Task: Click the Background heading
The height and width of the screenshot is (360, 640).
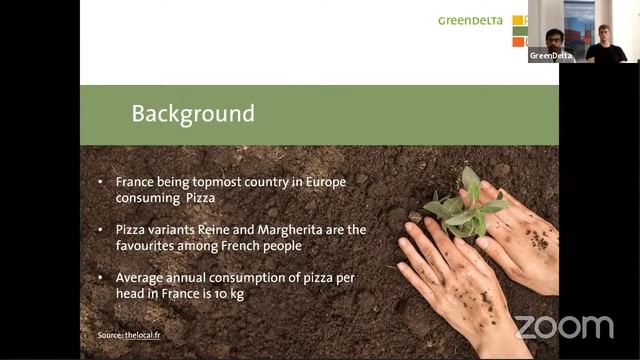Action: [x=193, y=114]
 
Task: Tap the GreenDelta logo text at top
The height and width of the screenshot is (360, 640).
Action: [x=470, y=20]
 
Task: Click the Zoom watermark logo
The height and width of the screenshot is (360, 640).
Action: [x=563, y=327]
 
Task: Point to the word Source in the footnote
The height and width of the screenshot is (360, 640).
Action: [x=108, y=335]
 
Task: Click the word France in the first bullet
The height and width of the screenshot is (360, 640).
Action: [x=136, y=183]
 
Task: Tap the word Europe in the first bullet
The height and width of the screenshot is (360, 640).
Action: [x=340, y=183]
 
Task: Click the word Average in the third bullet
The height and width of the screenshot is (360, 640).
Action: [x=141, y=277]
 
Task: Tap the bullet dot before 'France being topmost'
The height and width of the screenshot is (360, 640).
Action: [x=100, y=184]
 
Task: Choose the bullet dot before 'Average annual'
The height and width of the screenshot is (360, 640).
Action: [x=100, y=278]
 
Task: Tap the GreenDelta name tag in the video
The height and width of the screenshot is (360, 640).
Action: [x=551, y=56]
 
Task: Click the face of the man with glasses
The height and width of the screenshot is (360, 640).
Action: [x=553, y=39]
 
